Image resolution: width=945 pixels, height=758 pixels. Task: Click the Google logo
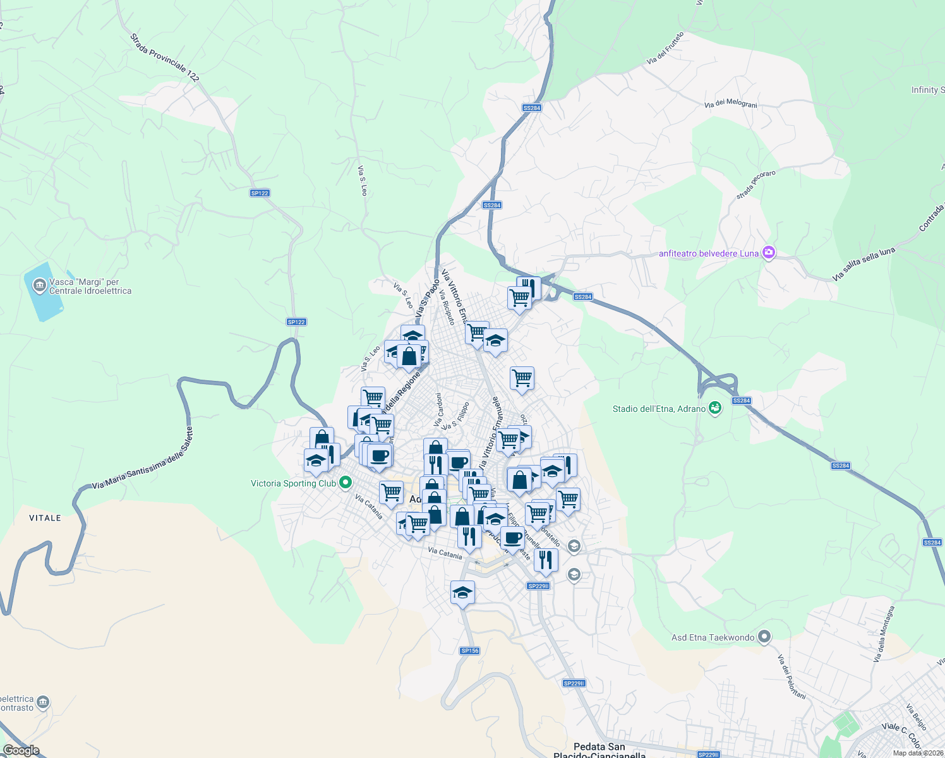pyautogui.click(x=21, y=750)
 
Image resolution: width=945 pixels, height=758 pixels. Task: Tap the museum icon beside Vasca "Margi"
pyautogui.click(x=40, y=286)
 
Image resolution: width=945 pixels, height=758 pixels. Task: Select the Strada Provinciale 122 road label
pyautogui.click(x=164, y=57)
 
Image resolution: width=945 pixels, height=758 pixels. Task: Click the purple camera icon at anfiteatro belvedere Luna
pyautogui.click(x=769, y=253)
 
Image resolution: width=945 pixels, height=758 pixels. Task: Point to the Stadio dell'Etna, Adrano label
pyautogui.click(x=659, y=409)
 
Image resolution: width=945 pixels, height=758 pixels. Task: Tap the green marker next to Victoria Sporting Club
pyautogui.click(x=346, y=483)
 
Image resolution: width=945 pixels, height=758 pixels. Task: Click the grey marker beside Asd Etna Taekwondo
pyautogui.click(x=764, y=637)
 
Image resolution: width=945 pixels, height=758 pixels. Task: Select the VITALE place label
pyautogui.click(x=45, y=518)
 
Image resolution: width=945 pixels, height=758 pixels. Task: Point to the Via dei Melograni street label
pyautogui.click(x=730, y=104)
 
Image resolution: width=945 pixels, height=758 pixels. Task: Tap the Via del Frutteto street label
pyautogui.click(x=665, y=49)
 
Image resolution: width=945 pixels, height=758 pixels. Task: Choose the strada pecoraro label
pyautogui.click(x=755, y=184)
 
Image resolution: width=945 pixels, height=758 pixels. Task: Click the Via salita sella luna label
pyautogui.click(x=864, y=264)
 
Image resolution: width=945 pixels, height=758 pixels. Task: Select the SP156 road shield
pyautogui.click(x=470, y=651)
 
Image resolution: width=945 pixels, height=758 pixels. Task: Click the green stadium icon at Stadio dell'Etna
pyautogui.click(x=714, y=408)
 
